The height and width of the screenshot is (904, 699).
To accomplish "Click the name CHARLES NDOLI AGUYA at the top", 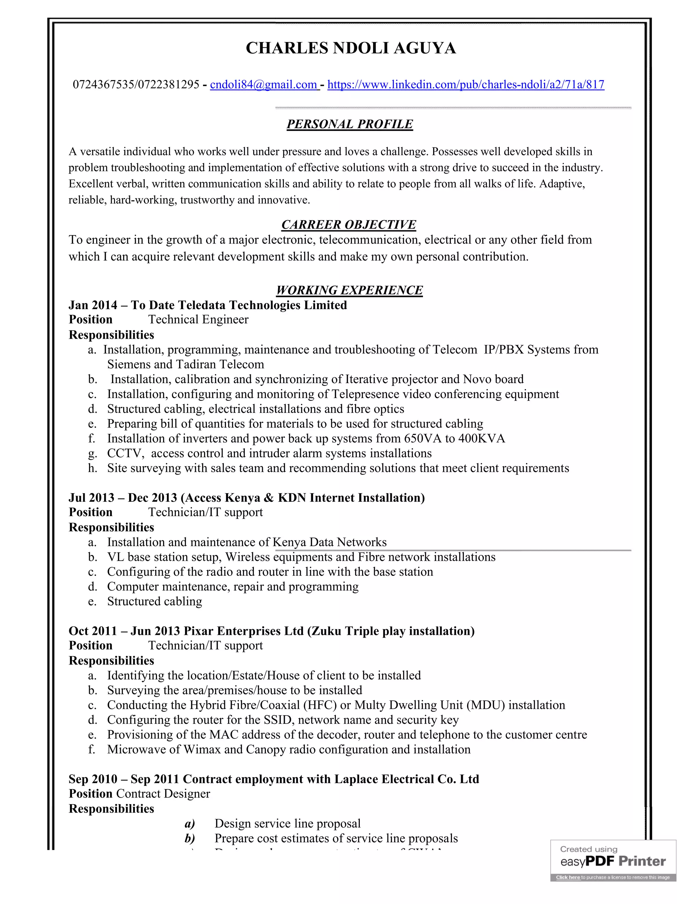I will click(351, 48).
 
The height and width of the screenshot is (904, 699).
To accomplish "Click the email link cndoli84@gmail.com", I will click(263, 85).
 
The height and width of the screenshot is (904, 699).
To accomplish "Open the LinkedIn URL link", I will click(466, 85).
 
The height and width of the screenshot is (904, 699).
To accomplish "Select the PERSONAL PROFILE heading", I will click(349, 124).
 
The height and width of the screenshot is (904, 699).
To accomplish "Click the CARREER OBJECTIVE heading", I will click(349, 224).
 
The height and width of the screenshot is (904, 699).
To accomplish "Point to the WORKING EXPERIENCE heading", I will click(349, 290).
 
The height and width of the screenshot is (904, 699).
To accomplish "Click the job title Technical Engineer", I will click(198, 320).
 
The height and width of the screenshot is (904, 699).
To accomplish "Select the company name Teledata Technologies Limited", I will click(262, 305).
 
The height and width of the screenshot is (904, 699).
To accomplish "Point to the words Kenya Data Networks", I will click(330, 542).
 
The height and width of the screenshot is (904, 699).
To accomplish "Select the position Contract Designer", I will click(163, 794).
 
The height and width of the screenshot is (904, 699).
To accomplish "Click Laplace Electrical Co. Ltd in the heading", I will click(406, 779).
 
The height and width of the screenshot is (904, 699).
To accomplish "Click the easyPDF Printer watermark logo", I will click(613, 861).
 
